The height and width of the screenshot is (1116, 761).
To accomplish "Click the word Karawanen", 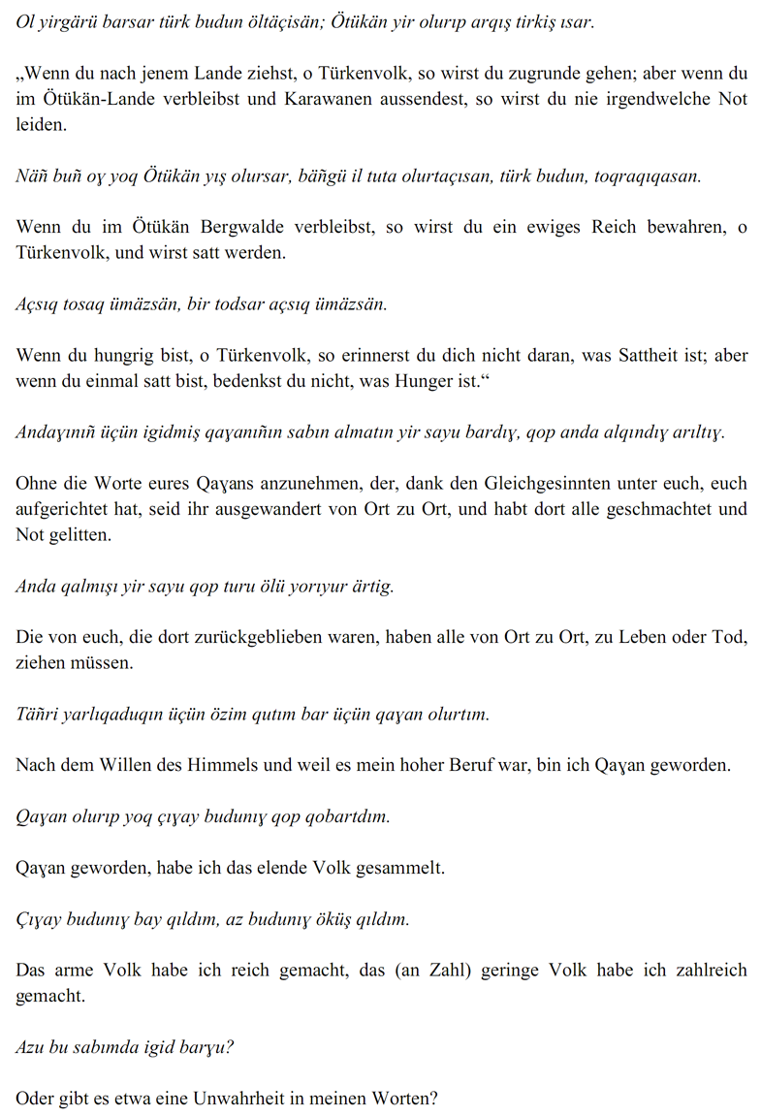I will [x=325, y=99].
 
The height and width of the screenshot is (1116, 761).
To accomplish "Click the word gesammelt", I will [x=399, y=867].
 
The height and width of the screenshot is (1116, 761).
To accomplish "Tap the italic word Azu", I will [x=31, y=1046].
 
